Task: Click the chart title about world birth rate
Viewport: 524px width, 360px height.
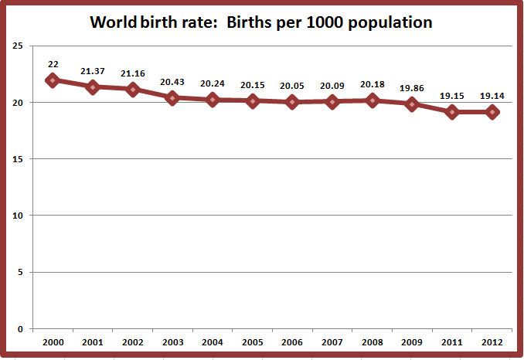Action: click(x=261, y=22)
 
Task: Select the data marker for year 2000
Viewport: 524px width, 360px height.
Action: click(x=53, y=80)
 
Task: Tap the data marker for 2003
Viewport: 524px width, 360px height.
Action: click(x=172, y=97)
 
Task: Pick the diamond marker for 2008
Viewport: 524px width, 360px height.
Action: click(x=373, y=100)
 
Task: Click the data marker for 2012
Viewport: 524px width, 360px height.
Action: click(x=492, y=112)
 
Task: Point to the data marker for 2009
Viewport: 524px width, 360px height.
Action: click(x=413, y=104)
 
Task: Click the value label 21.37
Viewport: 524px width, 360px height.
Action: click(x=93, y=71)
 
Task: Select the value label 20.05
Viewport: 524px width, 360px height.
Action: click(x=292, y=86)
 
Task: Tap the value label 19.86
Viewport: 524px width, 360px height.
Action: click(x=413, y=88)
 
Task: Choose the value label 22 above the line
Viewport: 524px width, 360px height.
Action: click(x=53, y=64)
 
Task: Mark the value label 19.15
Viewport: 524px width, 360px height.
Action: click(x=453, y=96)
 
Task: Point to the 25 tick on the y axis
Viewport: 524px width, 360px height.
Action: click(x=16, y=46)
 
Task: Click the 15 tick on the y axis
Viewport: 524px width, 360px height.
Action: click(x=16, y=159)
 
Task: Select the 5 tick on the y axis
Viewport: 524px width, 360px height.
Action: click(x=19, y=272)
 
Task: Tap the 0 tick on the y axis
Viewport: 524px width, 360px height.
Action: click(x=19, y=329)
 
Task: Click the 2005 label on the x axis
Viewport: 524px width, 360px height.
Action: click(x=253, y=341)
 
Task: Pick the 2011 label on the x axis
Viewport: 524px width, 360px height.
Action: click(x=453, y=341)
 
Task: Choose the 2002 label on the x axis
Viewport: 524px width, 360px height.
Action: click(x=132, y=341)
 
